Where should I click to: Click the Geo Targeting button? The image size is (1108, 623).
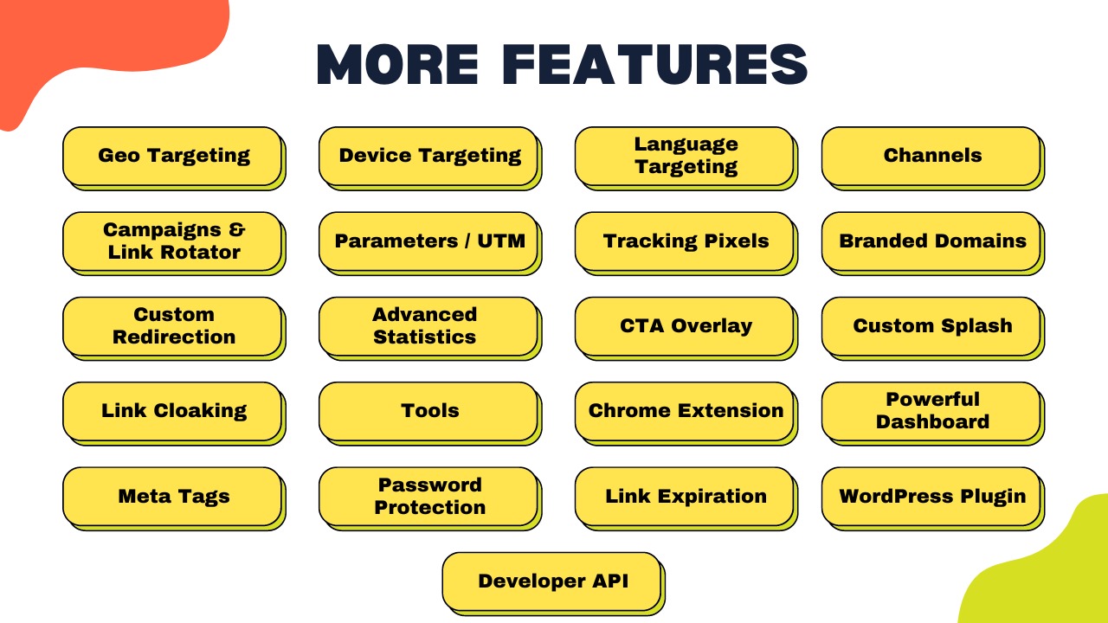coord(174,158)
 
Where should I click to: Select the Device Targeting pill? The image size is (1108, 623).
coord(430,158)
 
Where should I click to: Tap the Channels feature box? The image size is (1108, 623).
coord(933,158)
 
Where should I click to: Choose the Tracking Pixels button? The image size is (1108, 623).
coord(686,243)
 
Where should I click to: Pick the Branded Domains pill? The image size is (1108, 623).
coord(933,243)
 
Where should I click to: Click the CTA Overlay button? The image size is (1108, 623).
coord(686,328)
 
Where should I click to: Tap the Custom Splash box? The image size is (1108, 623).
coord(933,328)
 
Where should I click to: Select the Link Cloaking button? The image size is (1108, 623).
coord(174,414)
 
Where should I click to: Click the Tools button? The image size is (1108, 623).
coord(430,414)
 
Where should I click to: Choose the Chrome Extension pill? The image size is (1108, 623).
coord(686,414)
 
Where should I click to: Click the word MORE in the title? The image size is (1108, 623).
coord(397,64)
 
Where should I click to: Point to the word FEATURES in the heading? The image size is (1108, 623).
coord(655,64)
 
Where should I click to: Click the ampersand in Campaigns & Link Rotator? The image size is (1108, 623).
coord(237,229)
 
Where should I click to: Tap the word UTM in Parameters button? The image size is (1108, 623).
coord(501,241)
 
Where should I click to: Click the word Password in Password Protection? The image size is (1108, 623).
coord(430,485)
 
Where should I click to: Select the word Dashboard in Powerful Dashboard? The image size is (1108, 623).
coord(933,421)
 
